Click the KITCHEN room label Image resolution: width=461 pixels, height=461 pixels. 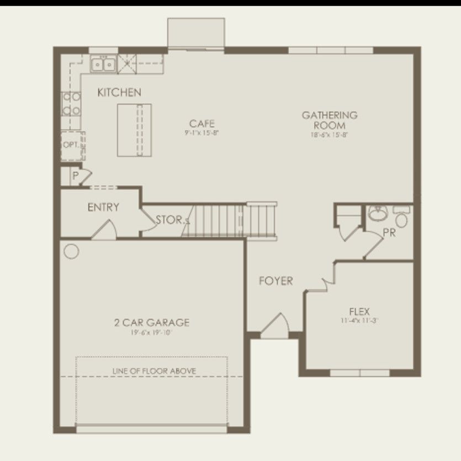[x=119, y=93]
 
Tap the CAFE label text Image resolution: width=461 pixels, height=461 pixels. [x=202, y=124]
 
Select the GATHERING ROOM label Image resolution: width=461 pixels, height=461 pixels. [x=330, y=120]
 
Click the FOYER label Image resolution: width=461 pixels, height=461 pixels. [x=276, y=281]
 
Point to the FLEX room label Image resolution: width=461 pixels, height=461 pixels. [x=359, y=311]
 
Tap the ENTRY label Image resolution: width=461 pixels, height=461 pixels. [x=103, y=208]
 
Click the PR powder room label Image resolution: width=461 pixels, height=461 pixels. [x=389, y=233]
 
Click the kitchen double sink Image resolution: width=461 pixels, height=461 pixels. [x=103, y=65]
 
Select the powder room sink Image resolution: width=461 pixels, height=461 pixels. [x=378, y=213]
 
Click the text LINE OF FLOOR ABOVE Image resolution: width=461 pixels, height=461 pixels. [x=154, y=371]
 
